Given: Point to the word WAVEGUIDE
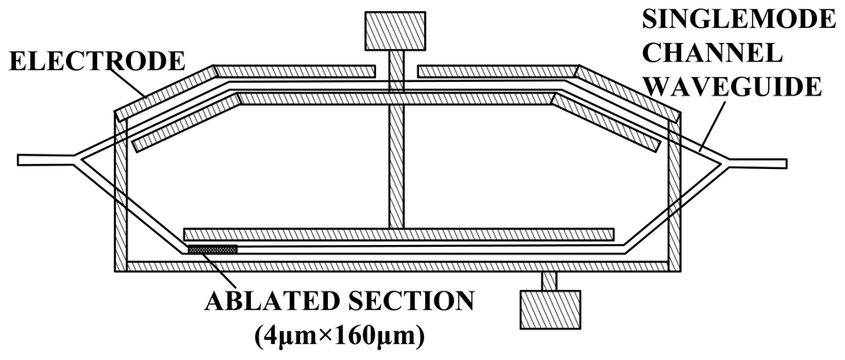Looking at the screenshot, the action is click(743, 86).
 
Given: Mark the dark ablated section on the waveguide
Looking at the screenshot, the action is click(212, 249).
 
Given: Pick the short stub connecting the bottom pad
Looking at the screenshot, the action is click(550, 281).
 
